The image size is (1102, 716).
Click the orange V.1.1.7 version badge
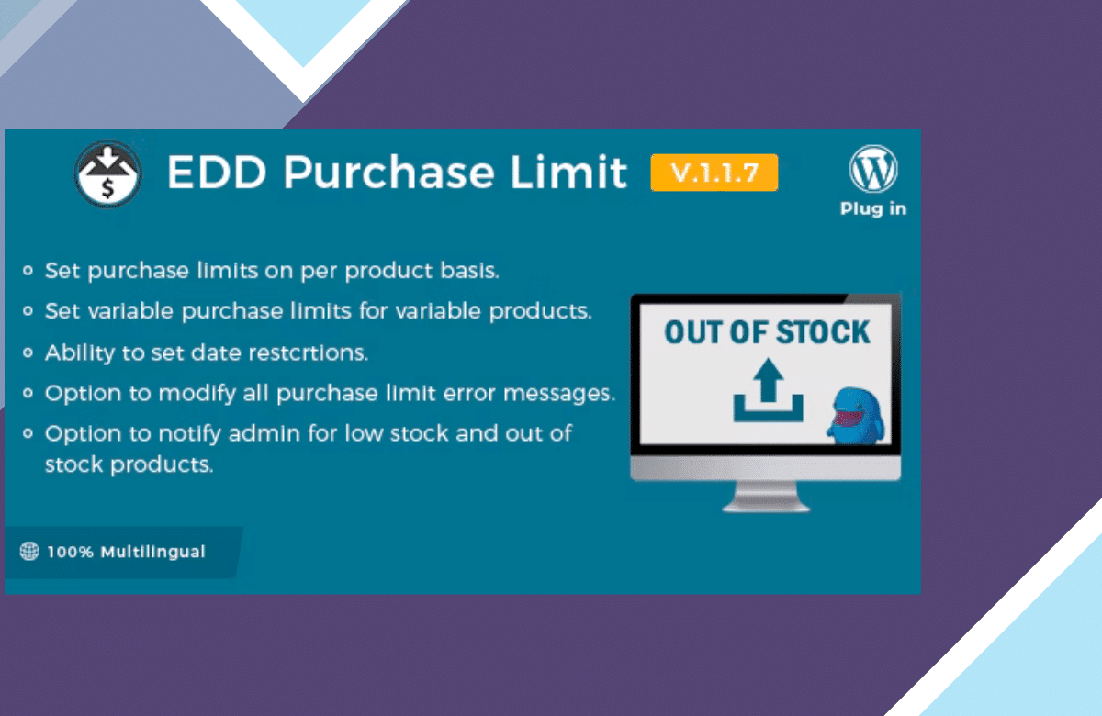point(714,173)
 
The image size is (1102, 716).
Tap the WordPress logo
point(873,169)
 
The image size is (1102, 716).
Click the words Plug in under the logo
point(873,208)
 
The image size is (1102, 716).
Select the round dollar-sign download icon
point(108,173)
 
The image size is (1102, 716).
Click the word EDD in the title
point(217,173)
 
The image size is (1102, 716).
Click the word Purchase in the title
point(388,173)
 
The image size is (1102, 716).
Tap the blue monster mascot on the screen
point(856,416)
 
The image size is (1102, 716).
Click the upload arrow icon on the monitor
point(768,390)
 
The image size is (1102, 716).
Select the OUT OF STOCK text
point(767,332)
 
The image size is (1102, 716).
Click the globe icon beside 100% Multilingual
point(29,552)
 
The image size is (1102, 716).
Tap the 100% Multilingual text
point(126,552)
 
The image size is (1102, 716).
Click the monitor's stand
point(766,497)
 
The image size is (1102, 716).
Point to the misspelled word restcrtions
point(308,352)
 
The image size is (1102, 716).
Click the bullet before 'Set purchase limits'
point(28,270)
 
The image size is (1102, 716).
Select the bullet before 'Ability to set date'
point(28,352)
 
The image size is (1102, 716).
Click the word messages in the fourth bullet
point(559,394)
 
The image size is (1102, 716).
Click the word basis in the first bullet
point(470,270)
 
